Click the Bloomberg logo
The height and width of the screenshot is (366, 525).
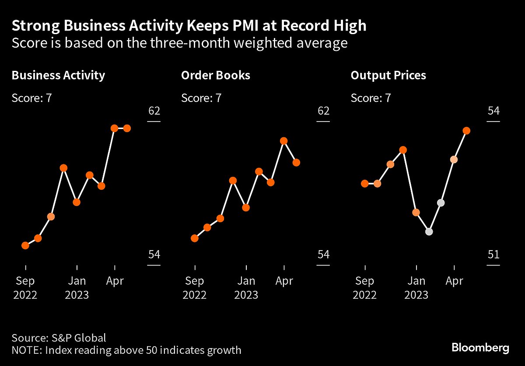[480, 348]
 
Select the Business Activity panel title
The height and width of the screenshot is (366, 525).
[58, 75]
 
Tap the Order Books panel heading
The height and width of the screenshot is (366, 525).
[216, 75]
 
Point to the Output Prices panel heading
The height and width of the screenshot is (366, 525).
[388, 75]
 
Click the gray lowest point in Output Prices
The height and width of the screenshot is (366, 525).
[429, 232]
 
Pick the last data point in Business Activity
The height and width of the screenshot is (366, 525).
[127, 128]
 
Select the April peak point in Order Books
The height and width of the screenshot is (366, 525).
[283, 141]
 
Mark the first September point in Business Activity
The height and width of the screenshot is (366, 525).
[25, 245]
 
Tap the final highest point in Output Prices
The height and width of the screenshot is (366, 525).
[466, 131]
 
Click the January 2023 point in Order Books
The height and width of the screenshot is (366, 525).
[246, 207]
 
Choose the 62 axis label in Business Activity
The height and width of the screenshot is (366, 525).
[154, 111]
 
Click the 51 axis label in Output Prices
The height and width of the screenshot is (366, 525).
[493, 254]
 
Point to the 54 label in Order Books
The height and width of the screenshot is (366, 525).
[323, 254]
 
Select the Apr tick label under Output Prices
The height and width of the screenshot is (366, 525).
[454, 282]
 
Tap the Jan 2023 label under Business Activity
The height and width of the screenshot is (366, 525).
[77, 288]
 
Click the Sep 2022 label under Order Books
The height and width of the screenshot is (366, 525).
[195, 288]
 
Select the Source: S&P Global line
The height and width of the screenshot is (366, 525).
[59, 338]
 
